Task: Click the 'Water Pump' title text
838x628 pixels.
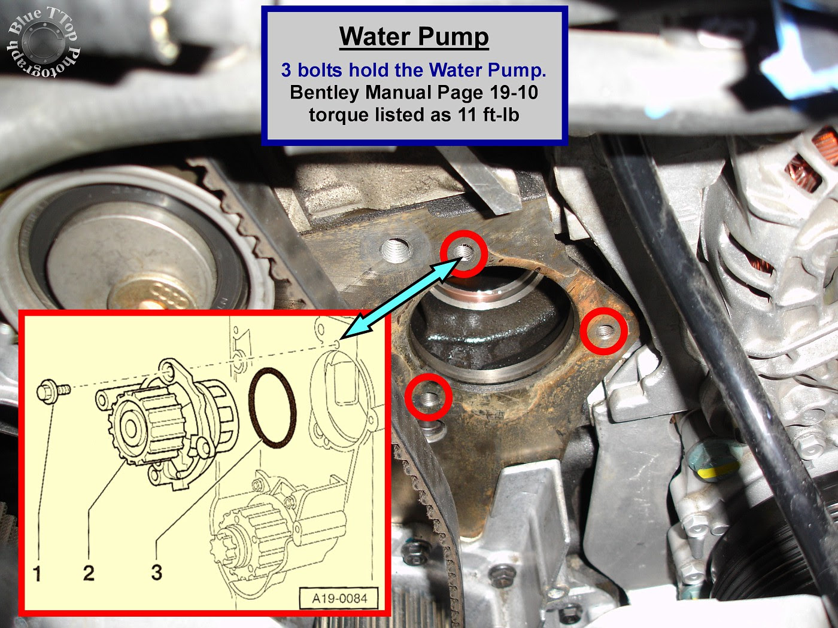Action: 414,36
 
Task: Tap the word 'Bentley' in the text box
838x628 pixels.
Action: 323,92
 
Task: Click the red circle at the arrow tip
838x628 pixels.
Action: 464,254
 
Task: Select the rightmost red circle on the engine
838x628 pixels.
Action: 603,330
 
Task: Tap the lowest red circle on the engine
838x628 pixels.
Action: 429,397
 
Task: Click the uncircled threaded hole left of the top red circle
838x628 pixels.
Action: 396,250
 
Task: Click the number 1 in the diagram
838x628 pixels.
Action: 37,573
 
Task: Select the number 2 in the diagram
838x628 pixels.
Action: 89,572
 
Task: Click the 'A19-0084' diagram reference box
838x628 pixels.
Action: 339,598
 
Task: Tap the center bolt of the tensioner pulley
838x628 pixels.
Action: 148,306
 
